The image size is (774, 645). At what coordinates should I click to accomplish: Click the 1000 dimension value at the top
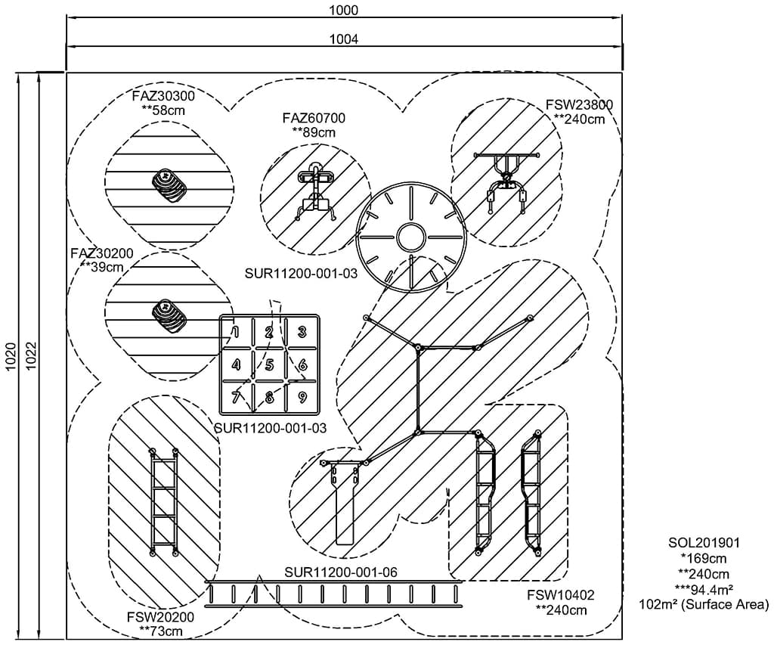(344, 11)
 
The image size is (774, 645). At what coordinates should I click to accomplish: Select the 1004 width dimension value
(344, 39)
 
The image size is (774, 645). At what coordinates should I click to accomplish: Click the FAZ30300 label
(163, 97)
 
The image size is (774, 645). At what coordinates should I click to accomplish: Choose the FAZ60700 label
(314, 118)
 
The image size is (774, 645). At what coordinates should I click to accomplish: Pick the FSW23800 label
(579, 105)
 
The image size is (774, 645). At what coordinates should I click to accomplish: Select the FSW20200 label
(161, 616)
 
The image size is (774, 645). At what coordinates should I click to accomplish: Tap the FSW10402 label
(560, 595)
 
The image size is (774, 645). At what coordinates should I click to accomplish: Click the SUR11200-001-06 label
(341, 572)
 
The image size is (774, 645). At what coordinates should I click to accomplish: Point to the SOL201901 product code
(703, 543)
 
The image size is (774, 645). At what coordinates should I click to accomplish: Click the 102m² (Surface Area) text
(703, 604)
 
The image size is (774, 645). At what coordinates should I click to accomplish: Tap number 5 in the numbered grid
(269, 365)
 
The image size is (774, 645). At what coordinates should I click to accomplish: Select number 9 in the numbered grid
(302, 396)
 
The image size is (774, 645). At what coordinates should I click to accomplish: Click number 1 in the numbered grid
(236, 331)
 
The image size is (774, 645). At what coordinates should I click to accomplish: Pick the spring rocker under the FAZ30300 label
(171, 185)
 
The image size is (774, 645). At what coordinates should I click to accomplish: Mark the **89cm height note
(314, 132)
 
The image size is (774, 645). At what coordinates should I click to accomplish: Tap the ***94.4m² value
(703, 589)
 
